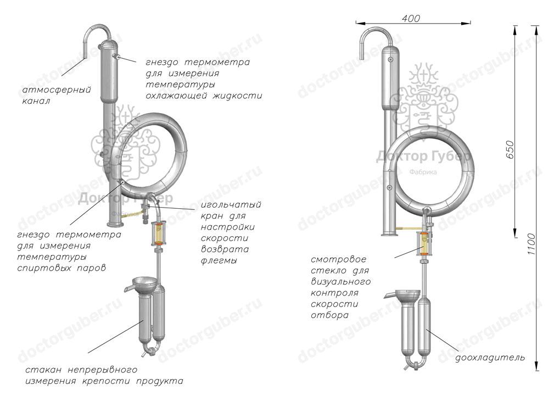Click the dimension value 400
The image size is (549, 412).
click(411, 19)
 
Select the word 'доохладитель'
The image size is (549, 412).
click(489, 358)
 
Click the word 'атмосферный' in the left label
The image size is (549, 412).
click(57, 90)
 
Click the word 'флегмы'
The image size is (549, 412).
click(219, 260)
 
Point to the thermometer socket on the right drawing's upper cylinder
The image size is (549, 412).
click(390, 59)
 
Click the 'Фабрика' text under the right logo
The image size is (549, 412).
click(423, 172)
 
